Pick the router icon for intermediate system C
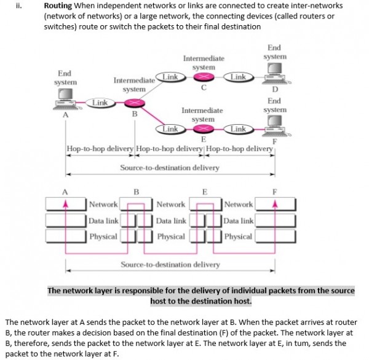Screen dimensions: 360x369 203,77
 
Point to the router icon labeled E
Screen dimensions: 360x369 204,129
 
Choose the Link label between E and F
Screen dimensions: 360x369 239,129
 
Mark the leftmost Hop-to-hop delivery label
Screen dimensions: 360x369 100,149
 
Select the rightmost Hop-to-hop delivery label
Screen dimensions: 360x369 240,149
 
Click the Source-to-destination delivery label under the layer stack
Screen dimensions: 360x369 170,265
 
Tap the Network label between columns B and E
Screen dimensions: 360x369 170,205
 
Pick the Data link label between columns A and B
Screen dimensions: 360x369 103,221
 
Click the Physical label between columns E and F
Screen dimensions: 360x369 238,237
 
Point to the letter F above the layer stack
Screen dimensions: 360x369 275,190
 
